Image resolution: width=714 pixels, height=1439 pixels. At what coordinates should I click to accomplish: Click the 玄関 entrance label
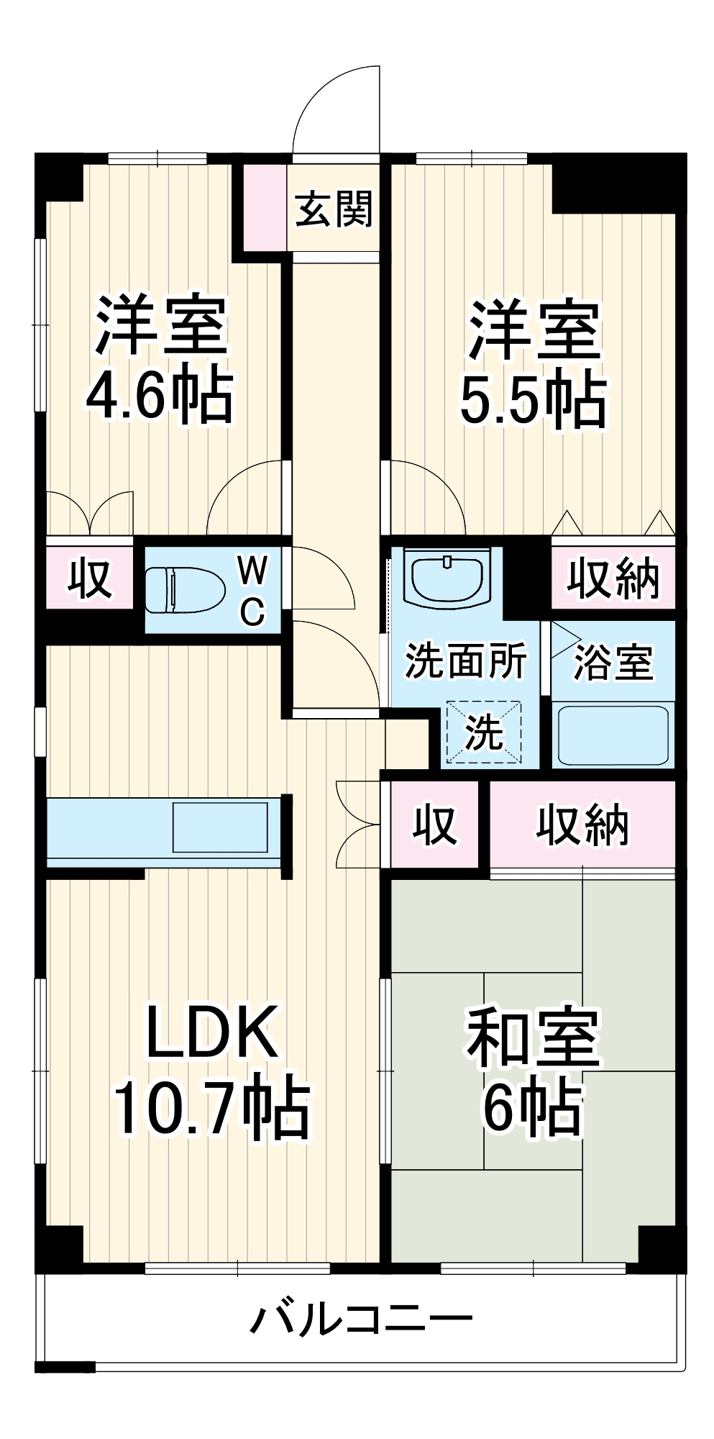(x=334, y=209)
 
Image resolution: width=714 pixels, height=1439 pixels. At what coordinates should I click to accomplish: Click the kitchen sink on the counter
(x=220, y=827)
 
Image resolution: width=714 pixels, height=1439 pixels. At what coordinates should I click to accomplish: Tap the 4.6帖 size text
(x=160, y=396)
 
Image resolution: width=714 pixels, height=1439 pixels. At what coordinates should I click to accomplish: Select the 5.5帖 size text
(x=533, y=400)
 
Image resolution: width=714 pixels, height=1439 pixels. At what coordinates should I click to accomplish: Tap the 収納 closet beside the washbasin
(x=613, y=578)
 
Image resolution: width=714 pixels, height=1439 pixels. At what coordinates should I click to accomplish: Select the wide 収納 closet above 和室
(x=582, y=825)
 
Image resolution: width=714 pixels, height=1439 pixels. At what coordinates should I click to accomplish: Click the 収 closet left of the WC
(x=90, y=578)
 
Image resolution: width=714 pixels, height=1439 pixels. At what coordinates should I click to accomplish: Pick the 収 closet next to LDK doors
(x=434, y=825)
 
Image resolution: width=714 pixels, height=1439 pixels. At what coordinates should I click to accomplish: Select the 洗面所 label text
(x=466, y=660)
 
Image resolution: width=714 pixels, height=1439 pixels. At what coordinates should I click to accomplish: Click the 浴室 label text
(x=613, y=662)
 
